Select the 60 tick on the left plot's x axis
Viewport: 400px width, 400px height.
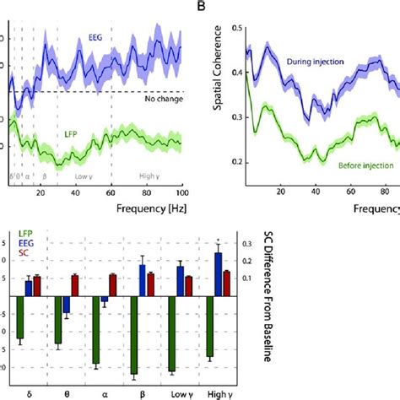111,193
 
